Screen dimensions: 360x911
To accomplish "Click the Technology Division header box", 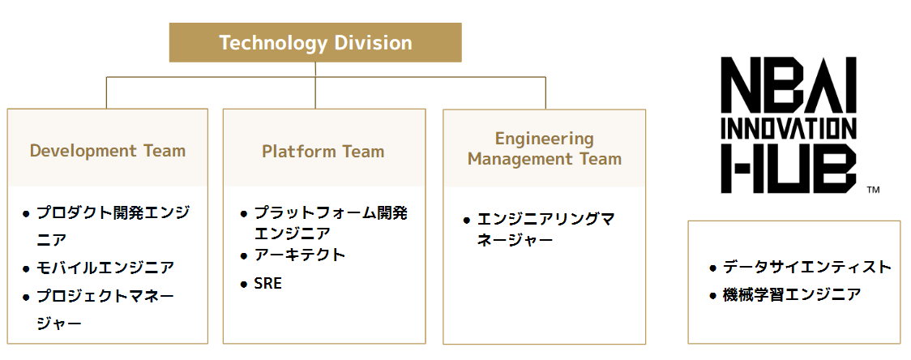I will pos(315,43).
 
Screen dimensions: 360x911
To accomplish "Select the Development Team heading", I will pos(108,151).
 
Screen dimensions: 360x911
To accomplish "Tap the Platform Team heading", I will pos(323,152).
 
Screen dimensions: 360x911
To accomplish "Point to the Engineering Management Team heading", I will pos(545,149).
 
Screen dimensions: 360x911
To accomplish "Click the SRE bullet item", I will pos(268,284).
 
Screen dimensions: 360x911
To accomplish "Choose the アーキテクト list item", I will pos(300,255).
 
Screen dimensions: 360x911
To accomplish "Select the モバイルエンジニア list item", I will pos(105,267).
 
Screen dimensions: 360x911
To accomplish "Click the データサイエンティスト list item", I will pos(807,268).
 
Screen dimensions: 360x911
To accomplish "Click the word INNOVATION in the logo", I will pos(788,128).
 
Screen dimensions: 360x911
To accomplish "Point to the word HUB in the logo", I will pos(788,169).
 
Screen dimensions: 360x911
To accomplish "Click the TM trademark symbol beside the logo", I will pos(873,191).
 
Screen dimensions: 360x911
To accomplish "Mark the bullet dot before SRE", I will pos(244,285).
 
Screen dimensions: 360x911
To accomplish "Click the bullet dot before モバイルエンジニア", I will pos(26,268).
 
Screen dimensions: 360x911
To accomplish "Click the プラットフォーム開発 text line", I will pos(331,213).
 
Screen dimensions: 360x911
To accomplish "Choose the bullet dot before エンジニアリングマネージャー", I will pos(467,220).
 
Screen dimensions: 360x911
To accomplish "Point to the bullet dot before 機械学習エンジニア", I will pos(712,295).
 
